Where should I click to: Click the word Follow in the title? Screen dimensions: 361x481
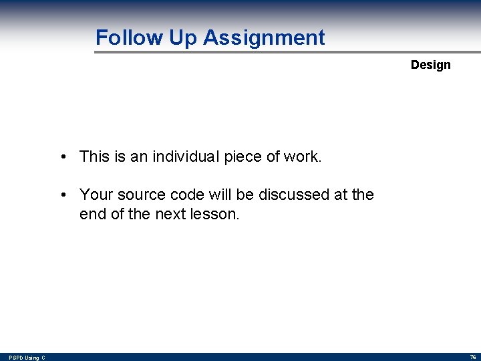pyautogui.click(x=130, y=37)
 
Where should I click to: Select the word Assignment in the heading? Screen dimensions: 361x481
pyautogui.click(x=264, y=37)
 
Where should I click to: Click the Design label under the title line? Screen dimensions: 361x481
pyautogui.click(x=430, y=65)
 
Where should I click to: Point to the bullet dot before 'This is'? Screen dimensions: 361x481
pyautogui.click(x=61, y=158)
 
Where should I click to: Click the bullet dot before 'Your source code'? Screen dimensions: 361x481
pyautogui.click(x=61, y=195)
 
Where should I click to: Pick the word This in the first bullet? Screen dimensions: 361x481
pyautogui.click(x=94, y=157)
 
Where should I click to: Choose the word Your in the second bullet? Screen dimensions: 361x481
pyautogui.click(x=96, y=195)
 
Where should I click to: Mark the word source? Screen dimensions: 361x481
pyautogui.click(x=142, y=195)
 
